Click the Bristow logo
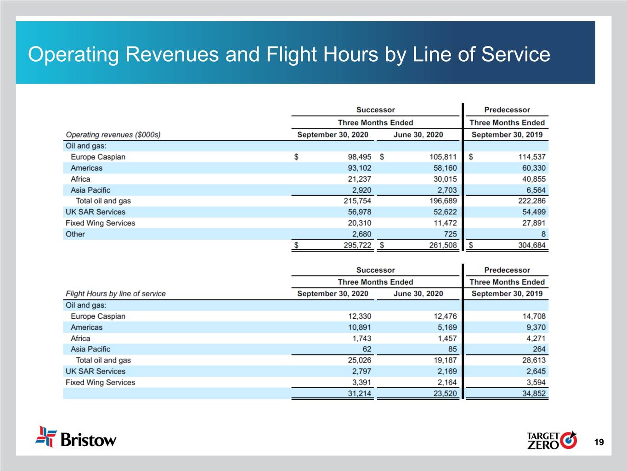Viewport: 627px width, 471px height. (76, 437)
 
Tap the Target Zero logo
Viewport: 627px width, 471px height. (551, 440)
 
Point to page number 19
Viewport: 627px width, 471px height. (599, 442)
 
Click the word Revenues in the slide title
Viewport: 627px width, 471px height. (172, 54)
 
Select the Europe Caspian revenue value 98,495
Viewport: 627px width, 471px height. (359, 157)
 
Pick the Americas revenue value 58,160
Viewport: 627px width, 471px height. (445, 168)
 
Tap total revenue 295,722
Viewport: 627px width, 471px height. (357, 245)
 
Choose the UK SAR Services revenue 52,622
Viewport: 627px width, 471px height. (445, 212)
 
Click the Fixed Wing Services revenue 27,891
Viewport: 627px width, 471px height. (534, 223)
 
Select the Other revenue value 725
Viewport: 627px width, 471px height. (450, 234)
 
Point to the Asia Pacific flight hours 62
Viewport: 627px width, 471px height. (367, 349)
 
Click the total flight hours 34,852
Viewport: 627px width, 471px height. (534, 393)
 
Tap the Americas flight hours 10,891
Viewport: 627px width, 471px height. (359, 327)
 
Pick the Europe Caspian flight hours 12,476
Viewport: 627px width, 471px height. (445, 316)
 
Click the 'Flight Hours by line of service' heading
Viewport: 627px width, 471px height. (115, 293)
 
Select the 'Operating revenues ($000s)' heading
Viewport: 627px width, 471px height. (113, 135)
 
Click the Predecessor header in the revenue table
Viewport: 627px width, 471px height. (507, 110)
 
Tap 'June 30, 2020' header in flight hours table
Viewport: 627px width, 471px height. (418, 293)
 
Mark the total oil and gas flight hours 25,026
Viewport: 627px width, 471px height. (359, 360)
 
